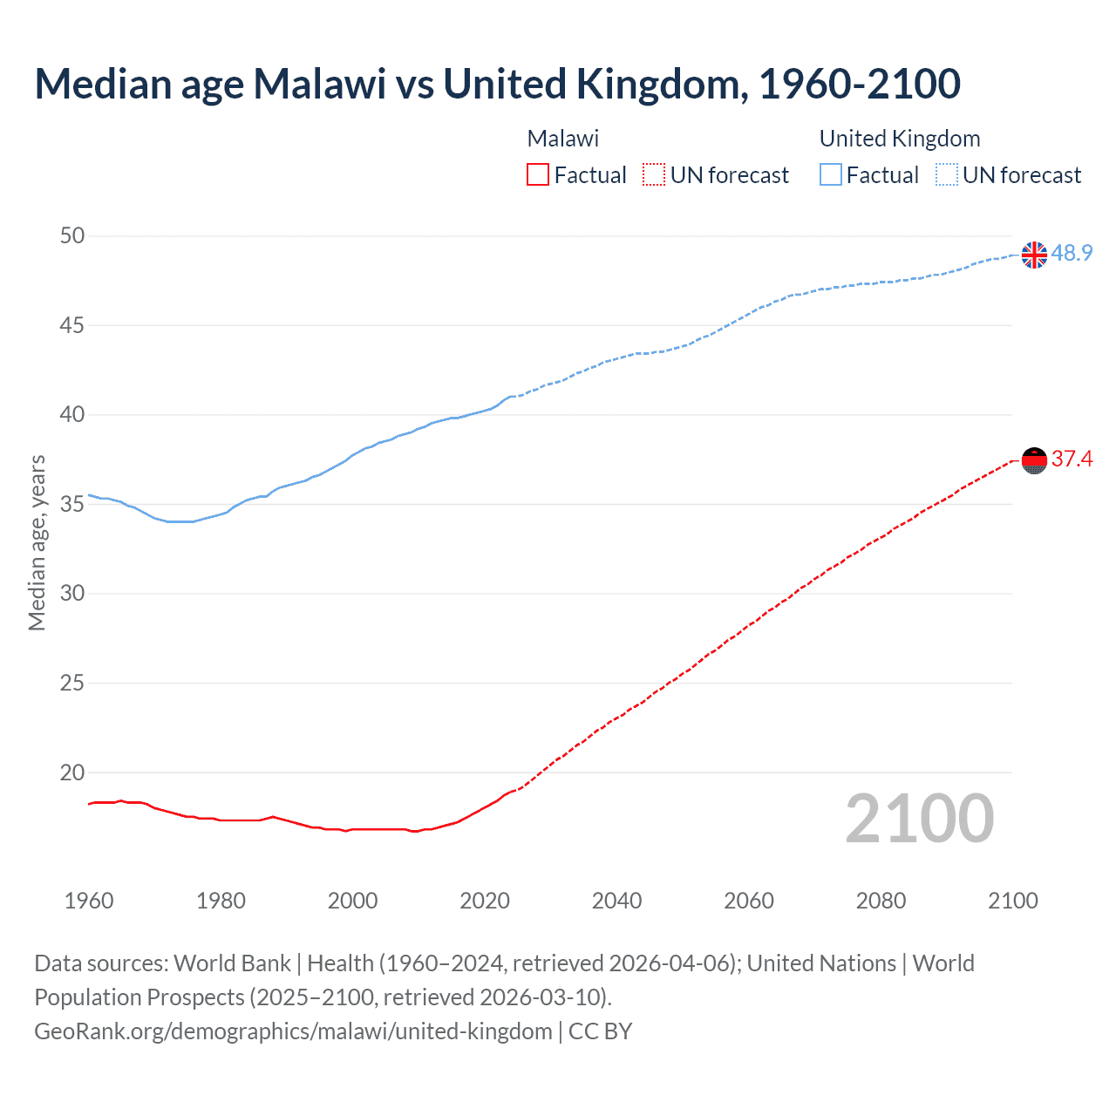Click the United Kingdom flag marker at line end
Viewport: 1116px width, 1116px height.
pyautogui.click(x=1034, y=255)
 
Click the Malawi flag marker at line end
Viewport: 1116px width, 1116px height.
pyautogui.click(x=1034, y=460)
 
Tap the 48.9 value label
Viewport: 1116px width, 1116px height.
pyautogui.click(x=1072, y=253)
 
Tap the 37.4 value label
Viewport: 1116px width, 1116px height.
pyautogui.click(x=1072, y=459)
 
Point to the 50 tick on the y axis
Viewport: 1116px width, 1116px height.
pyautogui.click(x=73, y=235)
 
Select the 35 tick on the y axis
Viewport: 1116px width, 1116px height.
pyautogui.click(x=73, y=504)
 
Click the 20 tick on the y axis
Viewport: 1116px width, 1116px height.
pyautogui.click(x=73, y=772)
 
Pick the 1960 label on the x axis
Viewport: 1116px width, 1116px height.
pyautogui.click(x=89, y=901)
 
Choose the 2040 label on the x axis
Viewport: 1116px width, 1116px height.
pyautogui.click(x=616, y=901)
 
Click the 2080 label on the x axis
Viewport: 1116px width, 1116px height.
pyautogui.click(x=881, y=901)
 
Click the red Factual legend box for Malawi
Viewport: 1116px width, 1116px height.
pyautogui.click(x=538, y=175)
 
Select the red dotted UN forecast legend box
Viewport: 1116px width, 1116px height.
pyautogui.click(x=654, y=175)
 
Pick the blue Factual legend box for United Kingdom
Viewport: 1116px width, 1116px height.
pyautogui.click(x=830, y=175)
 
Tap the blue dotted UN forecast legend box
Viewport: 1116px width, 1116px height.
pyautogui.click(x=946, y=175)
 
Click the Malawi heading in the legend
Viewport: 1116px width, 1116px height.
pyautogui.click(x=563, y=139)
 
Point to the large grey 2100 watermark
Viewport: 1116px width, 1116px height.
pyautogui.click(x=919, y=819)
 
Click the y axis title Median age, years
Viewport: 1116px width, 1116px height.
pyautogui.click(x=37, y=542)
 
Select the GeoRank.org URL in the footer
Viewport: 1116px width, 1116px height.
pyautogui.click(x=293, y=1031)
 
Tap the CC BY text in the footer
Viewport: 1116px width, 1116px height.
pyautogui.click(x=600, y=1031)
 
